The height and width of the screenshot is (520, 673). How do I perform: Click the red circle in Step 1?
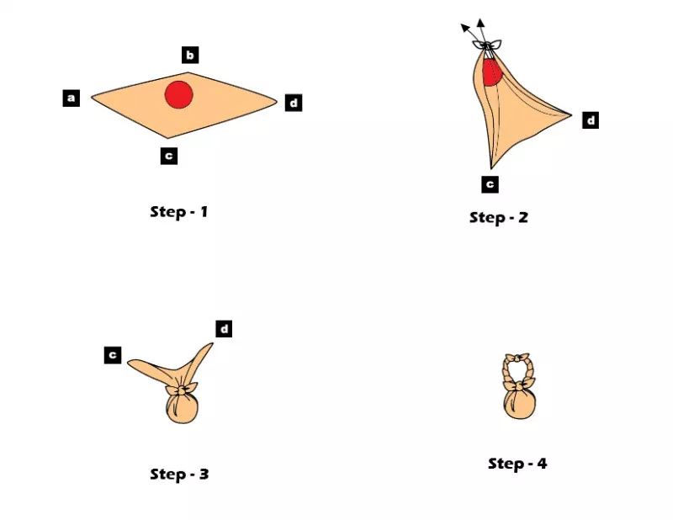(179, 94)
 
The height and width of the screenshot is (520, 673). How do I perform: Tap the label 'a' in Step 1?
(72, 98)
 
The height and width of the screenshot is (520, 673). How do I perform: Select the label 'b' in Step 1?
(190, 55)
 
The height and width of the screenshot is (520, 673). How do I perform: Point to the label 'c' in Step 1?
(169, 156)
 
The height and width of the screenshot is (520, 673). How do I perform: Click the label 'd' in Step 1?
(294, 103)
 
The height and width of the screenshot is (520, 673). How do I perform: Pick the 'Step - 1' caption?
(179, 212)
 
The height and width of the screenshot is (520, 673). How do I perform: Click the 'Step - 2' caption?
(499, 218)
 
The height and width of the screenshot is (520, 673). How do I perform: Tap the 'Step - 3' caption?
(179, 474)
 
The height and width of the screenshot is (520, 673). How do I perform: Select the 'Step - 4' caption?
(517, 464)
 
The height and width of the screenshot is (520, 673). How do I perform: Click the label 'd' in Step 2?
(591, 120)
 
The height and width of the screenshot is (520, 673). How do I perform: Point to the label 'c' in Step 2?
(490, 184)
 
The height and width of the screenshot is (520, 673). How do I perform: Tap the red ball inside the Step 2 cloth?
(492, 72)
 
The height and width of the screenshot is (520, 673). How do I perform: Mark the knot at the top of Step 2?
(487, 45)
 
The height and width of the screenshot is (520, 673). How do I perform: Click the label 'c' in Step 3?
(113, 355)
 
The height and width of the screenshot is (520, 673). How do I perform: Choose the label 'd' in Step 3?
(224, 329)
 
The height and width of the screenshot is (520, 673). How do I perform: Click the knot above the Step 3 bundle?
(182, 390)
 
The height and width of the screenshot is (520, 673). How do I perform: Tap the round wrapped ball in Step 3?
(182, 409)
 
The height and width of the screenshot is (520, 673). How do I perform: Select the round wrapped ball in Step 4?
(520, 405)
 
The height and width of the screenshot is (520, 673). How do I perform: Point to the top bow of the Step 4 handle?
(517, 358)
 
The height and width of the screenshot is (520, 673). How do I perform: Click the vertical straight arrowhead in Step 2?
(481, 24)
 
